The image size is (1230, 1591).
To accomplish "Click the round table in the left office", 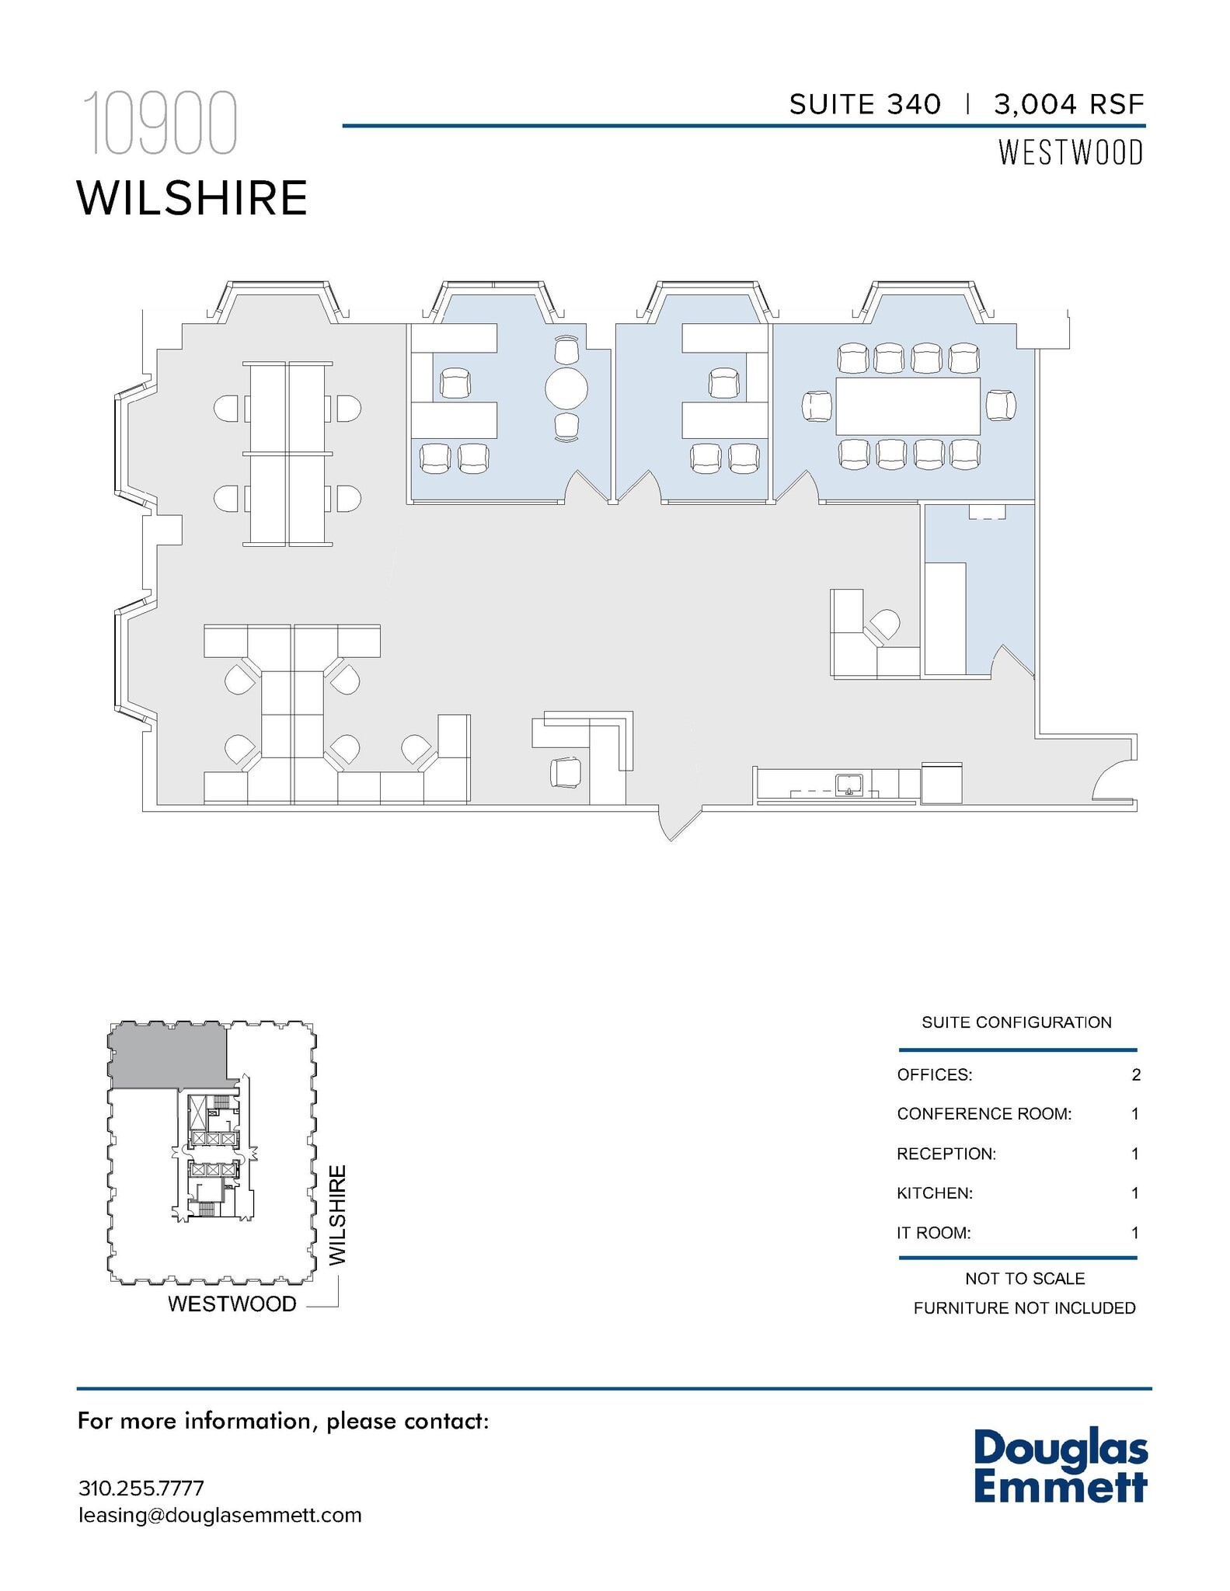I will click(566, 388).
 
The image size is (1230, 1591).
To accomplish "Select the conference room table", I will click(908, 406).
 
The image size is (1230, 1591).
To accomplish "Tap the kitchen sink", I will click(849, 785).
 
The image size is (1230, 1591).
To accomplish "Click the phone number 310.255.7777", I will click(141, 1488).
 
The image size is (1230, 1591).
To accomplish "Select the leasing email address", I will click(220, 1515).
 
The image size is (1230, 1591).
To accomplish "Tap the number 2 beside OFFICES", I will click(1136, 1074).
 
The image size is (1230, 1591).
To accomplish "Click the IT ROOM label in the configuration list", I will click(933, 1232).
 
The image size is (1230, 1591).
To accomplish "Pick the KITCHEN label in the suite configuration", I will click(934, 1192).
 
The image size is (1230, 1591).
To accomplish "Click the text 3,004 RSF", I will click(1068, 104).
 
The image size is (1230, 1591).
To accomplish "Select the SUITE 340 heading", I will click(865, 104).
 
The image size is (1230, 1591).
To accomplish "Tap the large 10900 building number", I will click(159, 124).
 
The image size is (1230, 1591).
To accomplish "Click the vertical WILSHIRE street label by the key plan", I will click(336, 1216).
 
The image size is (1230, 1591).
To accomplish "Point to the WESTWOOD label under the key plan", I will click(232, 1304).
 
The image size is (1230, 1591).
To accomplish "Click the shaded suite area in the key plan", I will click(167, 1055).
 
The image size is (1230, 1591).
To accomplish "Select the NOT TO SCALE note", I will click(1024, 1278).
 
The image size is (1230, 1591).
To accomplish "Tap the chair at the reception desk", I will click(565, 771).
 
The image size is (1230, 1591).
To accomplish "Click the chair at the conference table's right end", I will click(1001, 406).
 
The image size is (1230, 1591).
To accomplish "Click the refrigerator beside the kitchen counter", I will click(941, 783).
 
